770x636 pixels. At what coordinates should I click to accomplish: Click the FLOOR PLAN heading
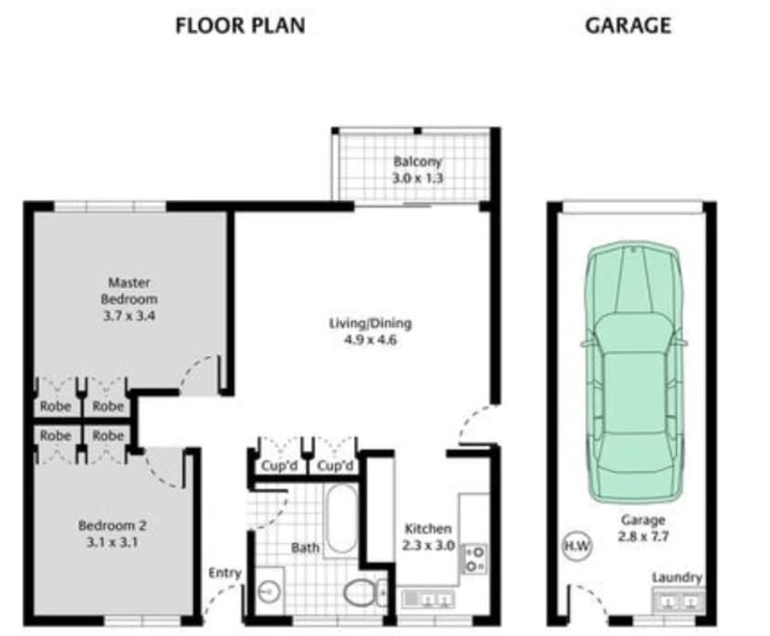click(x=240, y=25)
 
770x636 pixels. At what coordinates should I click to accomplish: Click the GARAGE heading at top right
click(x=628, y=25)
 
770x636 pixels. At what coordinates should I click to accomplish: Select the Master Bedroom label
click(x=128, y=291)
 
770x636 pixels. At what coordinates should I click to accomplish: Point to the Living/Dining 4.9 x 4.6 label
click(x=370, y=332)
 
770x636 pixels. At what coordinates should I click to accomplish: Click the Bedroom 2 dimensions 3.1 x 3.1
click(x=113, y=543)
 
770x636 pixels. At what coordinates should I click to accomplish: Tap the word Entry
click(x=226, y=573)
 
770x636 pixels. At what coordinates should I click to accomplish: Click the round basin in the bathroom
click(x=268, y=591)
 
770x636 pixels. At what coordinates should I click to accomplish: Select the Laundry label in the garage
click(x=676, y=577)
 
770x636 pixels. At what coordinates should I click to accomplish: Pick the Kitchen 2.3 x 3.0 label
click(x=428, y=537)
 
